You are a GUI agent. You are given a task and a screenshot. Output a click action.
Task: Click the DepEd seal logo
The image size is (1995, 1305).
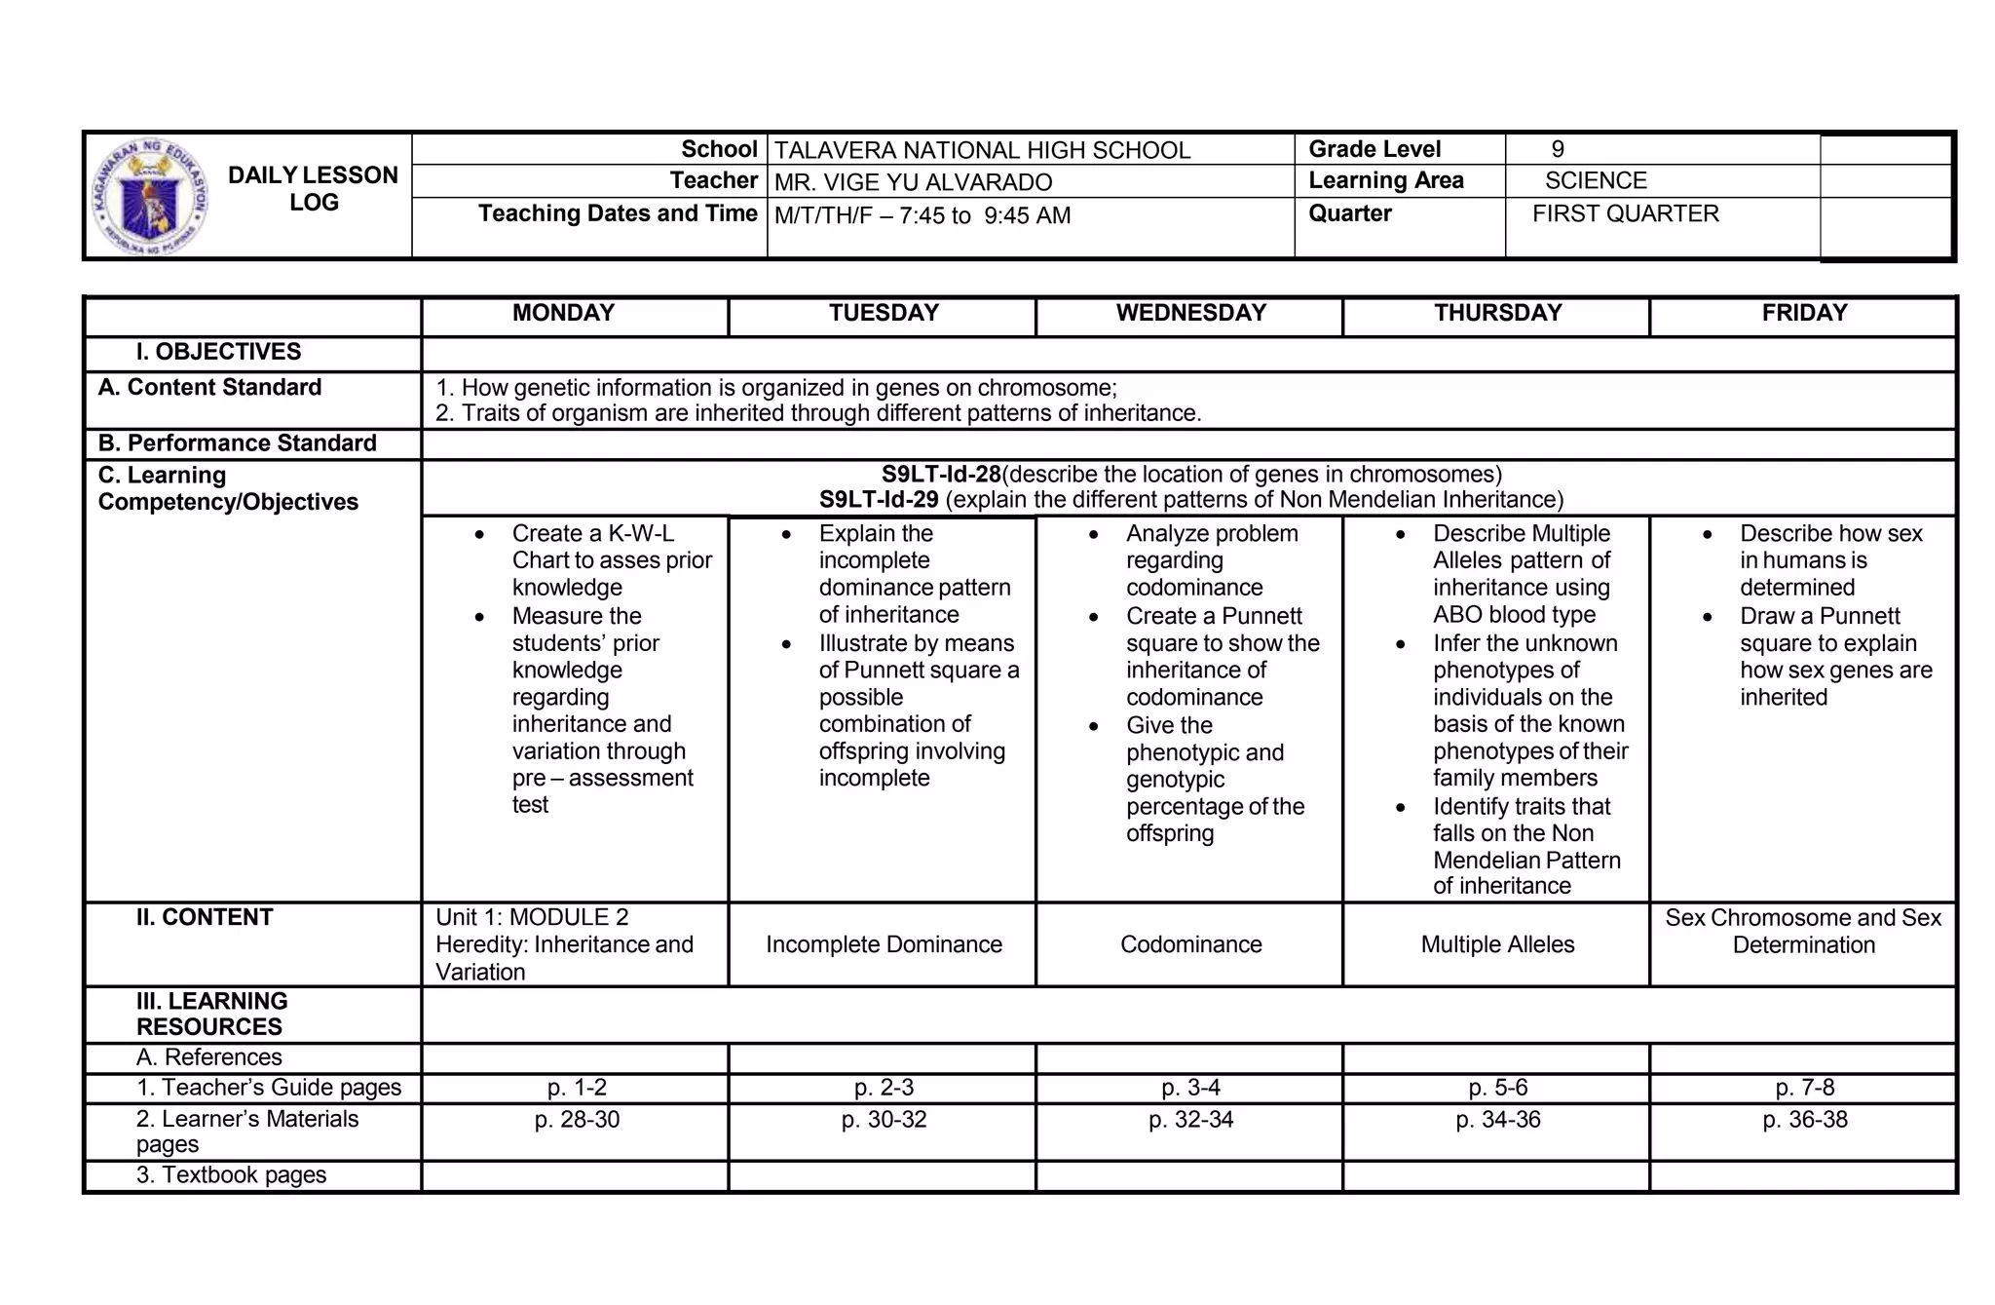[149, 196]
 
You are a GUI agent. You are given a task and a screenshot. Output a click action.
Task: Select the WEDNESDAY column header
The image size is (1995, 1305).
[1190, 313]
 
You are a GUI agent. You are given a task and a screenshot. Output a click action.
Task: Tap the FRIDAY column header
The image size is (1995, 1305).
[1804, 313]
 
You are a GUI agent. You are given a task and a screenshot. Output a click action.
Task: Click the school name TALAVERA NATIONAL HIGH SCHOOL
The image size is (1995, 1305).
[982, 150]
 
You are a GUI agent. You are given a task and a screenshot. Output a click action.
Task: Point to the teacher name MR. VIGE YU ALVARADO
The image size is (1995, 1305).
[913, 182]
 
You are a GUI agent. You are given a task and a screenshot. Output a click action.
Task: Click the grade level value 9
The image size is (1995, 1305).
[1558, 149]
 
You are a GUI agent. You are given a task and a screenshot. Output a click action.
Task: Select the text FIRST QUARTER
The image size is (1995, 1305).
[1625, 213]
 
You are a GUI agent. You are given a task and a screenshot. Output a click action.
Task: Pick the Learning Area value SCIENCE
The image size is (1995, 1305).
[1596, 180]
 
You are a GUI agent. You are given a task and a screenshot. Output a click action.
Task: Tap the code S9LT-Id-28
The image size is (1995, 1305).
[941, 475]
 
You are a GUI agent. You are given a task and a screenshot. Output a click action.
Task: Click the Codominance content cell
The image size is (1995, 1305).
[1190, 944]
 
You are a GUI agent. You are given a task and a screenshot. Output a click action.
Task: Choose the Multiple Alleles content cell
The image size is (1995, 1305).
[1497, 944]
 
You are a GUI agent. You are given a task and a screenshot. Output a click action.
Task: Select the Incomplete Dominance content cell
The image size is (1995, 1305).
[884, 944]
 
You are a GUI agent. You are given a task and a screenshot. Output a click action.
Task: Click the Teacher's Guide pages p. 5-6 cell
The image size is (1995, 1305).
[1497, 1088]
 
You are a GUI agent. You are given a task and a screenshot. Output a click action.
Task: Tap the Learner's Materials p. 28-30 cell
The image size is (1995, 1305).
[577, 1120]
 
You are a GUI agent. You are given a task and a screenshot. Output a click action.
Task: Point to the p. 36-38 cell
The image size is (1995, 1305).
[1804, 1120]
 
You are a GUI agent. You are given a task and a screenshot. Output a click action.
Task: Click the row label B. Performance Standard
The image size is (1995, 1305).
[237, 443]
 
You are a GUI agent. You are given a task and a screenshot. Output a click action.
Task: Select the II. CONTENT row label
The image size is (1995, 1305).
[205, 917]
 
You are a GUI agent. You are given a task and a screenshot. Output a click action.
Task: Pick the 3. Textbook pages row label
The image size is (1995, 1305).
[231, 1175]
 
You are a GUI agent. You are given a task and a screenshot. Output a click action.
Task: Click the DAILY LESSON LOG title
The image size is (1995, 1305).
[313, 189]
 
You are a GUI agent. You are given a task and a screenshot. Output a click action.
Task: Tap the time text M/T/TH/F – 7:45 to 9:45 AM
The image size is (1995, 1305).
[922, 215]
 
